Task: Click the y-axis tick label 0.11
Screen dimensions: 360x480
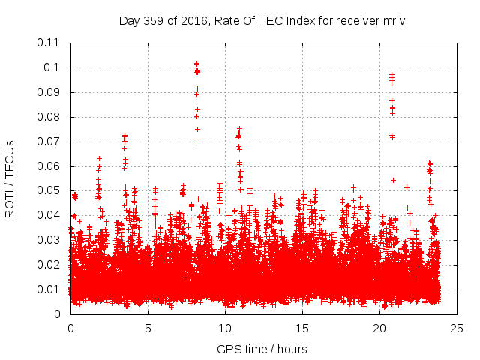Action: pyautogui.click(x=50, y=43)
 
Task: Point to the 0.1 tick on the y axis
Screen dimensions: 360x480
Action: pyautogui.click(x=54, y=67)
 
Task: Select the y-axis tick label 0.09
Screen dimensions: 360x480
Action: pyautogui.click(x=50, y=92)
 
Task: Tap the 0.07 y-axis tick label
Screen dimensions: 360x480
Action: pyautogui.click(x=50, y=142)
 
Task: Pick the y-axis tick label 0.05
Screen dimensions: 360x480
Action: pyautogui.click(x=50, y=190)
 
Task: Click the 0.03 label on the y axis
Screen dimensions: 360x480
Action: pyautogui.click(x=50, y=240)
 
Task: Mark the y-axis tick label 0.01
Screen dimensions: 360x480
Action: pyautogui.click(x=50, y=289)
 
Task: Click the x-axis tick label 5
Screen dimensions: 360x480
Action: pyautogui.click(x=148, y=328)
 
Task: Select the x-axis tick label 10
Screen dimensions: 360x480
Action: pyautogui.click(x=225, y=328)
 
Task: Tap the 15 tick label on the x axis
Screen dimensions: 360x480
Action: pyautogui.click(x=302, y=328)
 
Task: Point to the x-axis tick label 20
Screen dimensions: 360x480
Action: pyautogui.click(x=379, y=328)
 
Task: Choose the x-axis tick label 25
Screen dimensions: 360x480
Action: pyautogui.click(x=457, y=328)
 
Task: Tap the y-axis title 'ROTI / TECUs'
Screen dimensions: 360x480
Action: pyautogui.click(x=10, y=178)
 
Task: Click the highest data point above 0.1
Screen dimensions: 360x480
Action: pyautogui.click(x=196, y=64)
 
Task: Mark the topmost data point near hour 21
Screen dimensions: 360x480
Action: pyautogui.click(x=391, y=74)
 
